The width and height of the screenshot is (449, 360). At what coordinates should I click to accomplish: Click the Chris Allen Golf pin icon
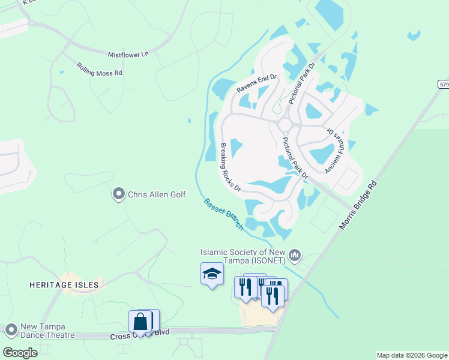118,194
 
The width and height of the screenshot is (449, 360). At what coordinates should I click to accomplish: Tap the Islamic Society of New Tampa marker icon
295,256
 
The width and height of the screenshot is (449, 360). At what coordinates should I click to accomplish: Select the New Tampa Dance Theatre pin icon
11,330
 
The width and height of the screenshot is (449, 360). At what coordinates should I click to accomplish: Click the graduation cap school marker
211,275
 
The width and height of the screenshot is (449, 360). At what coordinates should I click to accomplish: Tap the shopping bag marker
140,322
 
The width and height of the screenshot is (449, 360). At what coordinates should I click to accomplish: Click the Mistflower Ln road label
128,55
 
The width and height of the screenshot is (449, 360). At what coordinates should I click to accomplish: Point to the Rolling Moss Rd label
99,69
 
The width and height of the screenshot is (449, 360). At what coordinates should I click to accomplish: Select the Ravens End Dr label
256,83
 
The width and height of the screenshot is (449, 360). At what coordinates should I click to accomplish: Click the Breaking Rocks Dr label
230,167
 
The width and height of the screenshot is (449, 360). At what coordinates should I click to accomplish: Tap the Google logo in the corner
20,353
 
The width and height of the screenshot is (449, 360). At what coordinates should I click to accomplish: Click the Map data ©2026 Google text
411,355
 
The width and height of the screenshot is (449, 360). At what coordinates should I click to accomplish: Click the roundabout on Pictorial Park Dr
285,124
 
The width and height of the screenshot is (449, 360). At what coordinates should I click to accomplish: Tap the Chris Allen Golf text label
157,194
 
